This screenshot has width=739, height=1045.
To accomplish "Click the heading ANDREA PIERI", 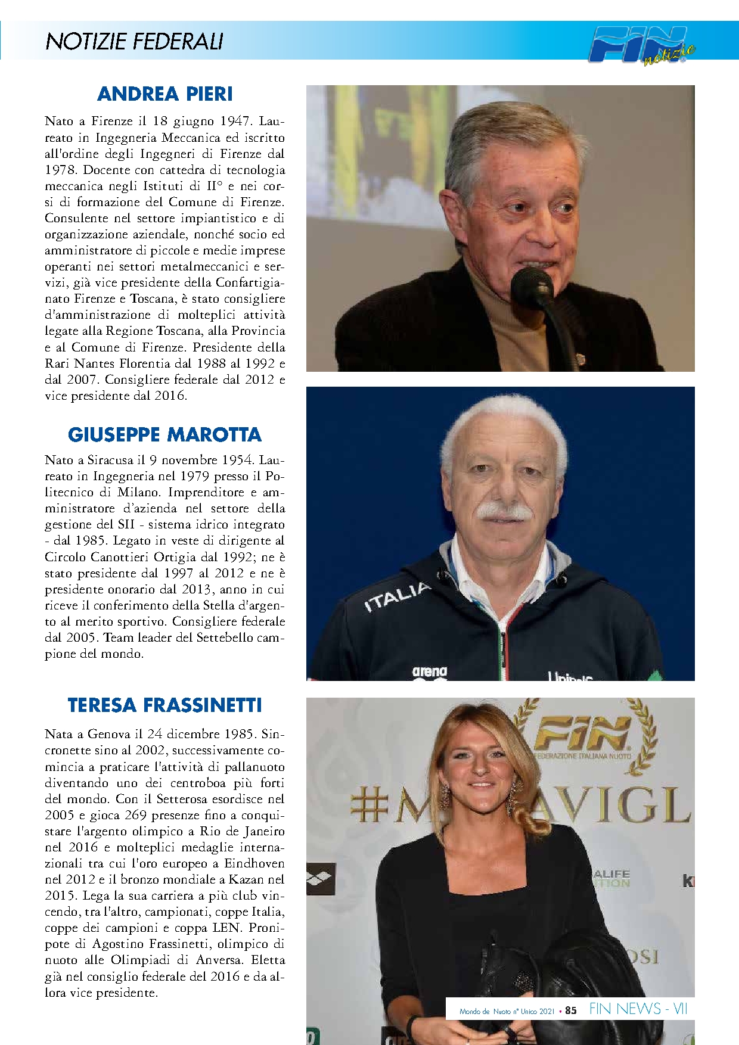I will point(165,94).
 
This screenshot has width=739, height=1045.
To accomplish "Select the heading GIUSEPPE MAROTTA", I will point(164,434).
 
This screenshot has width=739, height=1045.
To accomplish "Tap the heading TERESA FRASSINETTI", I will point(164,705).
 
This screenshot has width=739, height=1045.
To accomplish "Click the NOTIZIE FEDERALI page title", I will point(134,42).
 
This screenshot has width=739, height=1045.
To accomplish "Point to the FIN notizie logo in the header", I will point(641,45).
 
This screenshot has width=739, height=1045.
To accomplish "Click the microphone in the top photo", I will point(532,286).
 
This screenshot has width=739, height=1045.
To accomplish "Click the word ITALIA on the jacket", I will point(398,597).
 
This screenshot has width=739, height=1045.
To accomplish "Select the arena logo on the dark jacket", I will point(429,672).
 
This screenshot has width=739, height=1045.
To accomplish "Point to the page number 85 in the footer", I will point(571,1010).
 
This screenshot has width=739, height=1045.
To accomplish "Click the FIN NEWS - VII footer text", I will point(638,1009).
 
